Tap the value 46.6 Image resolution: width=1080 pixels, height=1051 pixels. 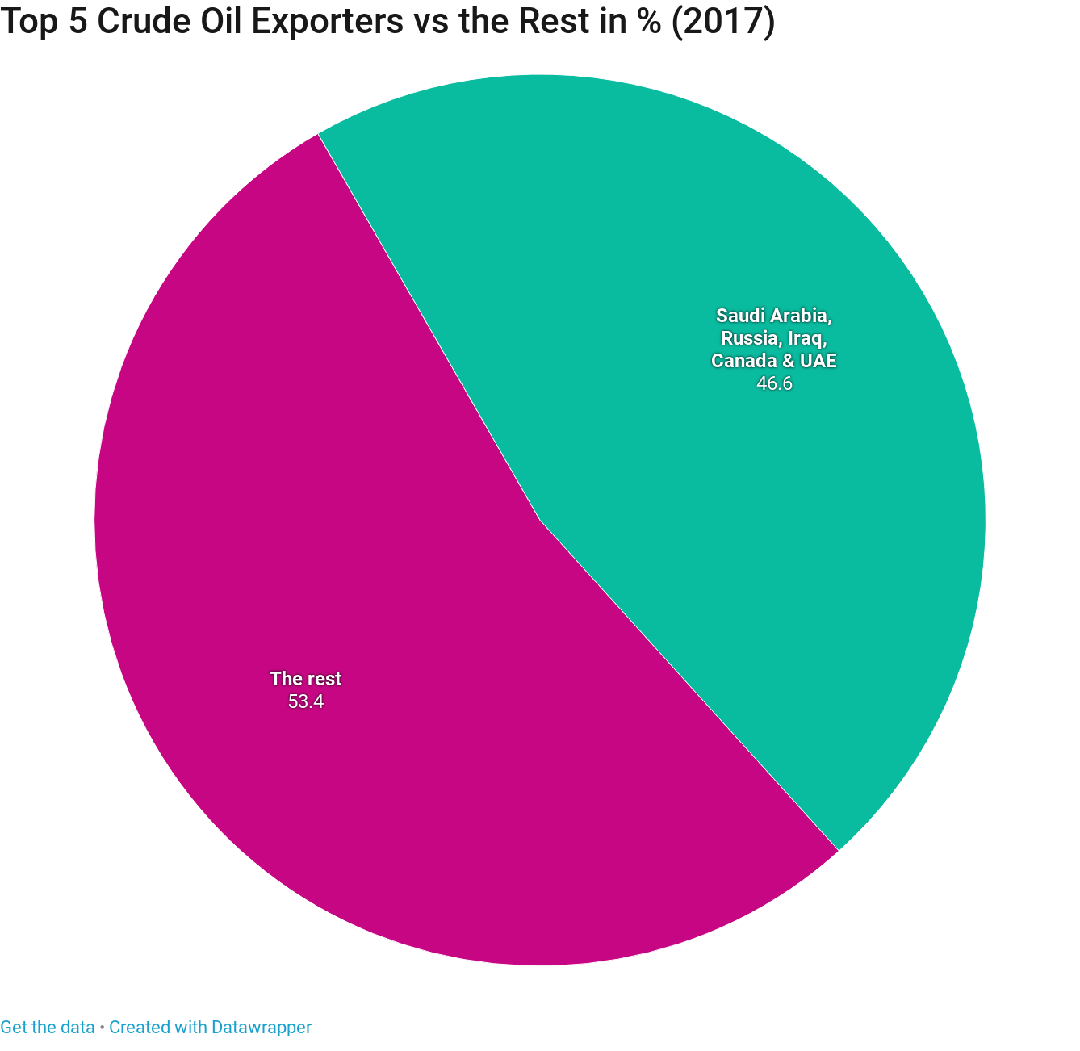click(774, 384)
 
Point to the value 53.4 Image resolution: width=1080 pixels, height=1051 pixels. click(306, 701)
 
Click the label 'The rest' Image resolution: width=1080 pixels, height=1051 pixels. click(306, 679)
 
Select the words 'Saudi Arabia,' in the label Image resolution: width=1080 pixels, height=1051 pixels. click(774, 314)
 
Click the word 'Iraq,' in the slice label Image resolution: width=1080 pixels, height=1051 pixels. click(805, 337)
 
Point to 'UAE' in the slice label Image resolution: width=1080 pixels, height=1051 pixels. click(819, 361)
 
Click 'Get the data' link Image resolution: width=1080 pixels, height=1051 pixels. click(47, 1028)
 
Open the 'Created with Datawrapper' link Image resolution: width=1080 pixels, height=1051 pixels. click(210, 1028)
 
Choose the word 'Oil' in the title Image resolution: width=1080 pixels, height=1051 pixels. click(226, 23)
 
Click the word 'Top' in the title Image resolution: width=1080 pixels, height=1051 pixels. click(28, 23)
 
